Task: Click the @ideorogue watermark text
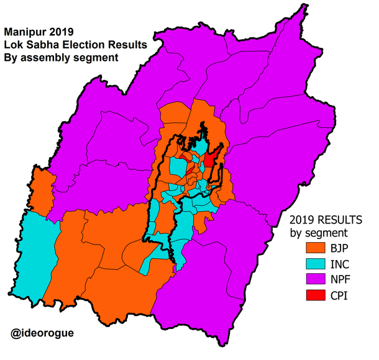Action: click(x=42, y=333)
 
